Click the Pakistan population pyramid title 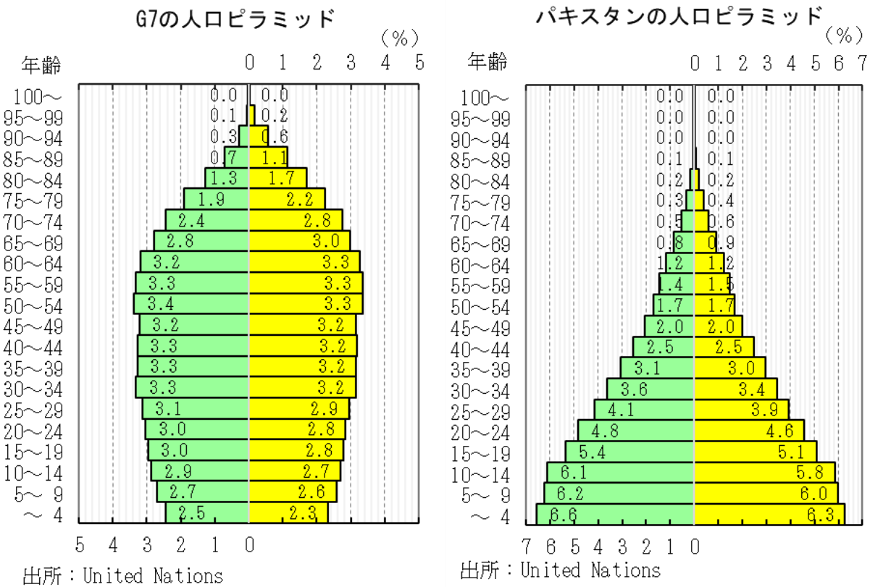pos(679,16)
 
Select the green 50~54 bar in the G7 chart pos(191,303)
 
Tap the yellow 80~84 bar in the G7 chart pos(278,178)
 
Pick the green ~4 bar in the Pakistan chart pos(615,514)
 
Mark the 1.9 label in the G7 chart pos(210,199)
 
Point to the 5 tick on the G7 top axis pos(419,63)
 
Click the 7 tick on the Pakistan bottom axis pos(527,544)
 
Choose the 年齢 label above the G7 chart pos(42,65)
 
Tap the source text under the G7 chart pos(123,576)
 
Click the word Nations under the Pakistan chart pos(626,570)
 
